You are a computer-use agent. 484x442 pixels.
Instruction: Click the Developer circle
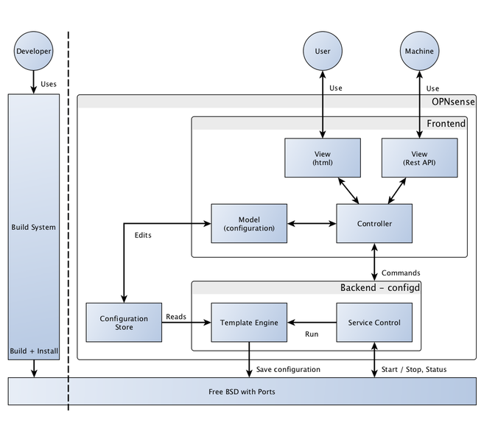point(33,52)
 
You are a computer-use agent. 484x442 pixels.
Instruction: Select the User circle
point(322,52)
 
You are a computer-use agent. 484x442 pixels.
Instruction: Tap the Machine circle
point(418,52)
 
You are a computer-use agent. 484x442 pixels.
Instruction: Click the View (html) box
point(323,158)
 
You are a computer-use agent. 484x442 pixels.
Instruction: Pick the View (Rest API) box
point(419,158)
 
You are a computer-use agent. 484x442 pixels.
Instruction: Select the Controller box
point(374,223)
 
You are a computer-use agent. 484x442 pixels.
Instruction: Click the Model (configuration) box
point(249,223)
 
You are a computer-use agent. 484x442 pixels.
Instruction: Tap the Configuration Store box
point(124,322)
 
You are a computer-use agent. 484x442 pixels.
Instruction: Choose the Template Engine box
point(249,322)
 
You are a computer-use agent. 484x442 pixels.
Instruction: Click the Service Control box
point(374,322)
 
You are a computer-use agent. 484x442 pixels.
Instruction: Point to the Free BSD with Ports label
point(241,391)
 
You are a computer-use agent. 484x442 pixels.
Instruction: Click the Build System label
point(33,227)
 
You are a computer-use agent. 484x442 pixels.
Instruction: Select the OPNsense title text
point(453,101)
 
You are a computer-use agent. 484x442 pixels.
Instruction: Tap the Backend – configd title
point(379,287)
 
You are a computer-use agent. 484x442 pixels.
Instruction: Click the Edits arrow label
point(144,236)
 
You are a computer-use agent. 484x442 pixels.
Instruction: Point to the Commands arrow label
point(401,273)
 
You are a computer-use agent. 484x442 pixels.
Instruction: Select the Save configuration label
point(288,369)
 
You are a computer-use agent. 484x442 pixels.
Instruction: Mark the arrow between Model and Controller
point(312,223)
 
